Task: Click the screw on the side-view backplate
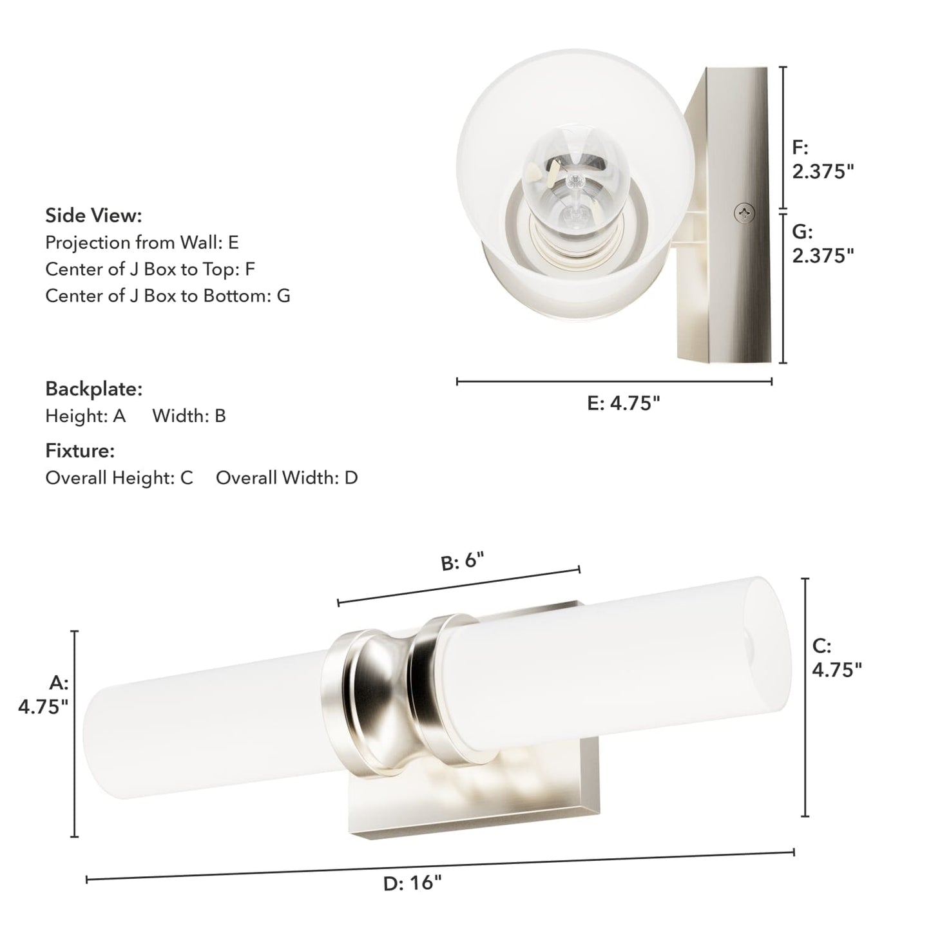745,213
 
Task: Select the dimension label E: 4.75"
624,403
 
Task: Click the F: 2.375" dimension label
822,159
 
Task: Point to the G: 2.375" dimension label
822,244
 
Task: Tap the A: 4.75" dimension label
44,695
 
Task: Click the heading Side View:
93,215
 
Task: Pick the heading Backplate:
93,389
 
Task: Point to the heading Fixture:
80,450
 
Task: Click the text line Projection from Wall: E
142,242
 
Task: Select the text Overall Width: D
287,477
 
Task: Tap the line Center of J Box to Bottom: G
168,295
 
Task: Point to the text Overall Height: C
119,477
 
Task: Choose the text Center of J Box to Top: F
150,269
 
